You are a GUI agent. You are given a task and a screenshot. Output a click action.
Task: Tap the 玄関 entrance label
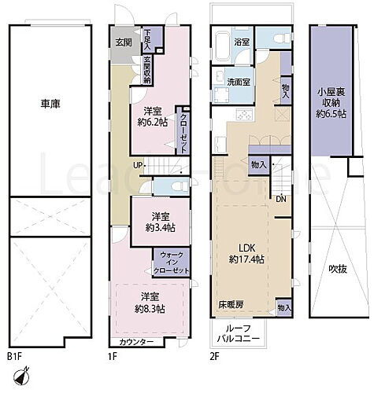(124, 42)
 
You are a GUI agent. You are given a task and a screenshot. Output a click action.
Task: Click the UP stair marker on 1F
(138, 166)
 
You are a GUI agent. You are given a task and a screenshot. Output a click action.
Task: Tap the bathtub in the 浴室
(220, 43)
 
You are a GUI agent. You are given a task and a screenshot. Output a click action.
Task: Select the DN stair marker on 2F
(281, 198)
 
